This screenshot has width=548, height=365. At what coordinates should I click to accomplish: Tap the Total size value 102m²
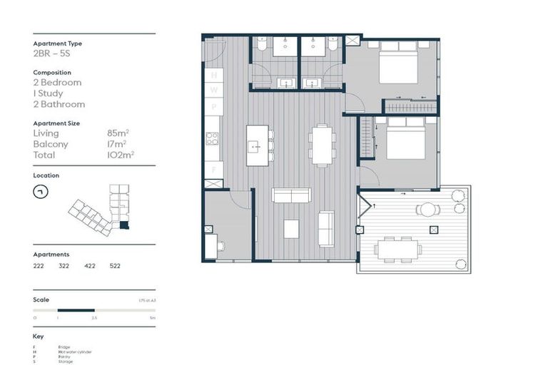click(122, 154)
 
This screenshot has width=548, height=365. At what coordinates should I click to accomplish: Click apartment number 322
click(64, 265)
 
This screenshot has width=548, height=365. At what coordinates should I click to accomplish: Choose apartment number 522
click(115, 265)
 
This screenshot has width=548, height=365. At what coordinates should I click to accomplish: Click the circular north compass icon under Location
click(41, 192)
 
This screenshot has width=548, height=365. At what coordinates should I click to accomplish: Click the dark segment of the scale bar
click(76, 310)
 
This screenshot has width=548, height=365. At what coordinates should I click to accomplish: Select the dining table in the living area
click(322, 144)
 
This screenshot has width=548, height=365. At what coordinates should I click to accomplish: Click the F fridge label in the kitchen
click(213, 170)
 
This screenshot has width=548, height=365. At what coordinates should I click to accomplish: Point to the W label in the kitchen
click(213, 91)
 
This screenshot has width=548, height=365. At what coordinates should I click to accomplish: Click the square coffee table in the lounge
click(291, 229)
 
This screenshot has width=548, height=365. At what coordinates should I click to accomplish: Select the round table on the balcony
click(427, 210)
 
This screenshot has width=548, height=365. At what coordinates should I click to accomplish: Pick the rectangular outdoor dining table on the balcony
click(399, 249)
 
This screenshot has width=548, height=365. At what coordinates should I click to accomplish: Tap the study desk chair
click(220, 247)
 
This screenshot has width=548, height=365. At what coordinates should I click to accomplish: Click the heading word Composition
click(52, 73)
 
